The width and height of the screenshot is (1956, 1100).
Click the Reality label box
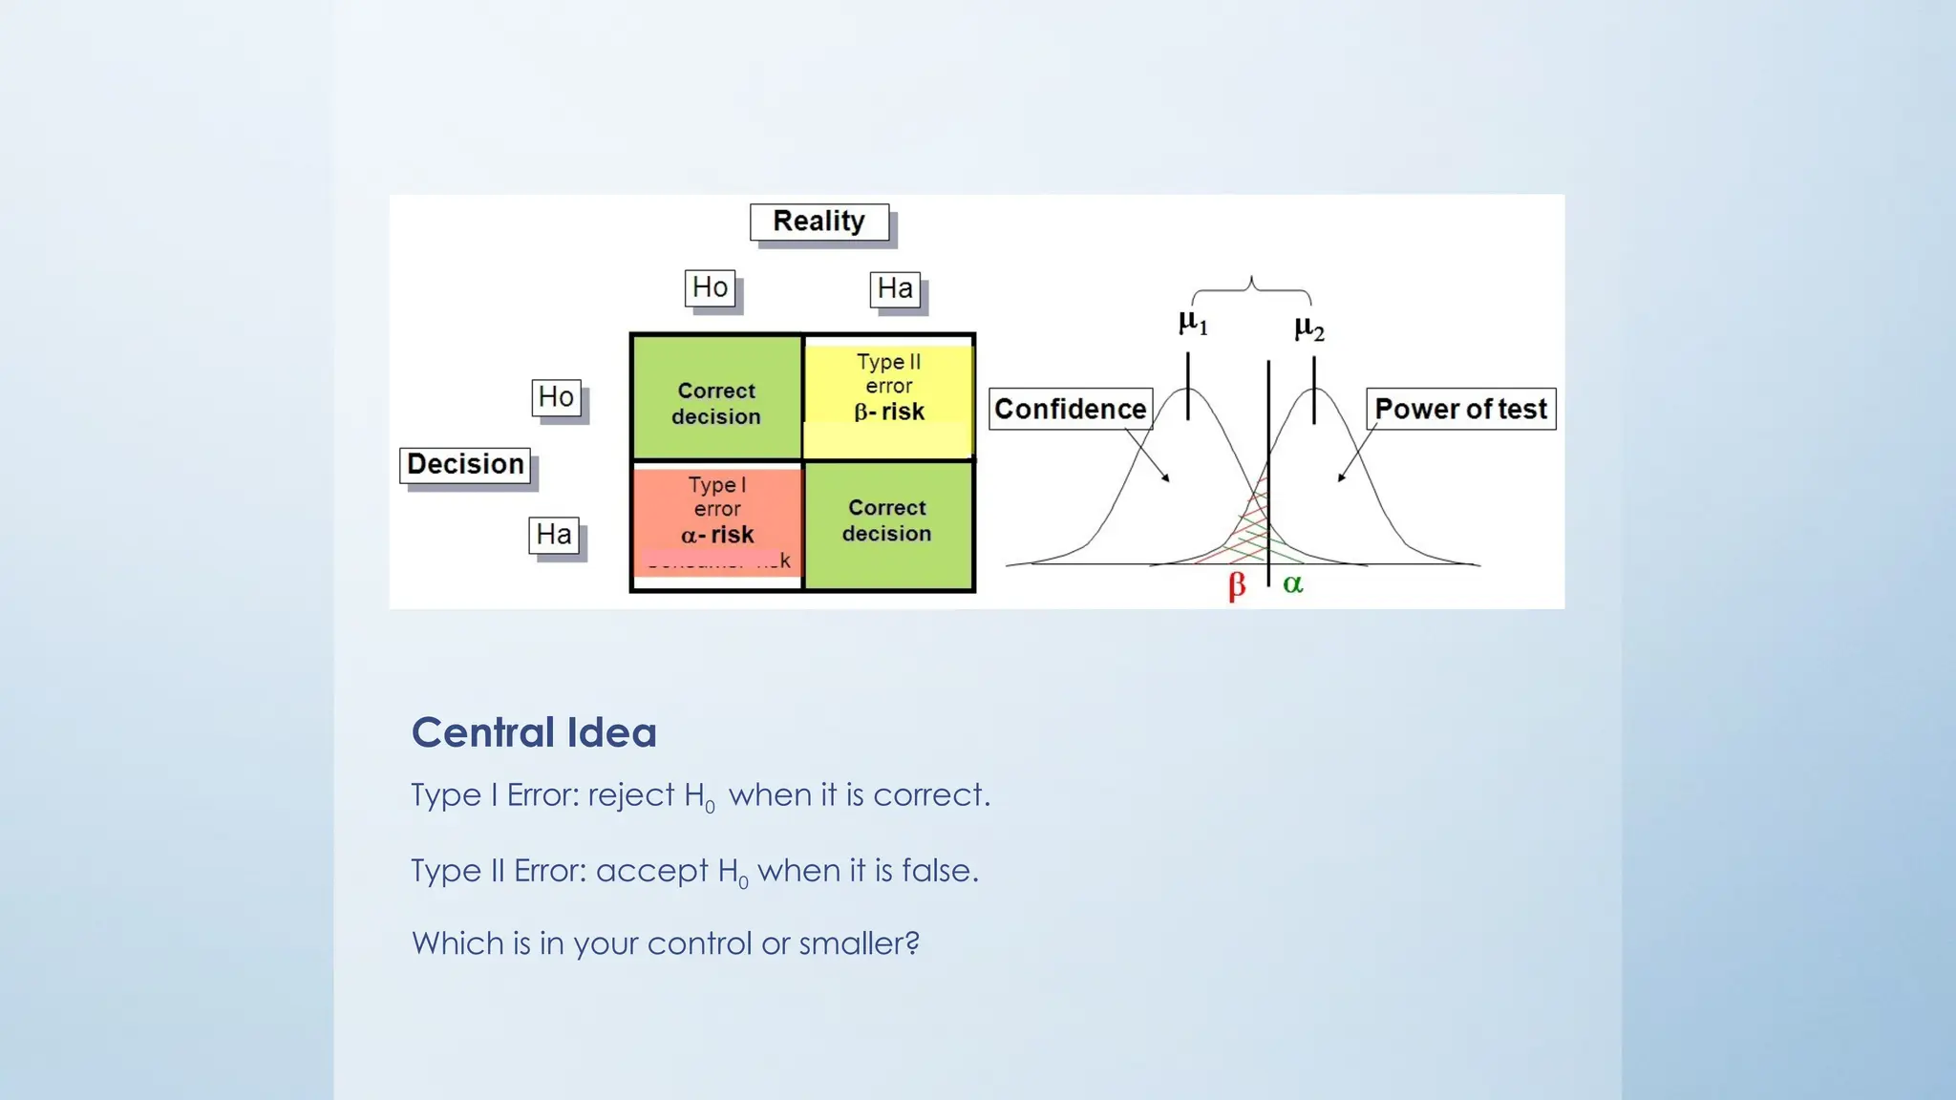tap(819, 222)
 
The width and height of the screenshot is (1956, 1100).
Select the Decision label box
tap(465, 465)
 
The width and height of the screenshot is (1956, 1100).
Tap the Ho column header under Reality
tap(710, 287)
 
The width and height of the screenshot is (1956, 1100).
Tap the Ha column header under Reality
tap(895, 288)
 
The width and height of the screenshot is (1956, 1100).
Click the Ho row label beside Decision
tap(556, 397)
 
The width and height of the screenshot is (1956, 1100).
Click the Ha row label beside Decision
tap(554, 535)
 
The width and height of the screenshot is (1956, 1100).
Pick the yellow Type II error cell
tap(888, 396)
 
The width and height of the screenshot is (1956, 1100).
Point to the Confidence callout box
tap(1070, 409)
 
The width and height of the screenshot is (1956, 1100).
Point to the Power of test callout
tap(1460, 409)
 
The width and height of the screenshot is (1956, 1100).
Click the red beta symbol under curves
tap(1237, 584)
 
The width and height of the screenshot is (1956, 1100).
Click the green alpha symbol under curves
tap(1292, 583)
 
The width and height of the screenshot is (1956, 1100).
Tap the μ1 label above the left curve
tap(1193, 323)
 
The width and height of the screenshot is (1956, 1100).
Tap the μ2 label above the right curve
tap(1309, 329)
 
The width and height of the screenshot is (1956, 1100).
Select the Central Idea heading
tap(534, 732)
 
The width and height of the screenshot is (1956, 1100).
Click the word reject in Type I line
tap(630, 795)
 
